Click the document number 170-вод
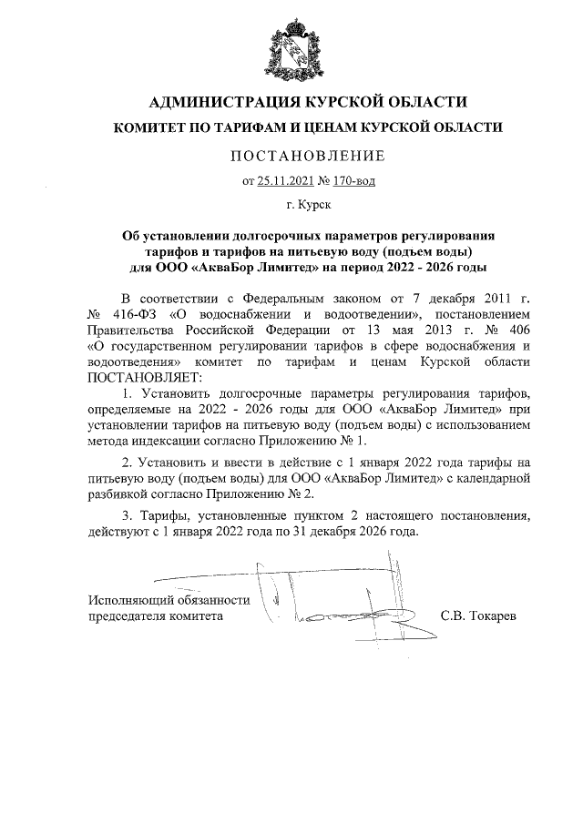click(x=353, y=180)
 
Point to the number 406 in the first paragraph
click(x=515, y=330)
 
